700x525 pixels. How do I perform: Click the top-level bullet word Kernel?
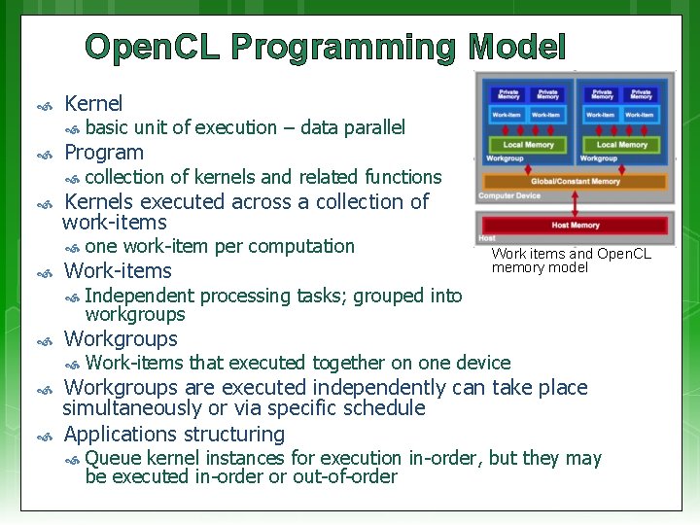coord(93,103)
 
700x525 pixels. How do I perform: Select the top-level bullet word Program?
coord(103,153)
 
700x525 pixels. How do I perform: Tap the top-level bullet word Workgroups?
coord(121,339)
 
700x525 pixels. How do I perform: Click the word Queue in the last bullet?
coord(113,458)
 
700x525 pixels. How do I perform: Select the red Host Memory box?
coord(576,226)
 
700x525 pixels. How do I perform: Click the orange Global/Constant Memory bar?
coord(576,181)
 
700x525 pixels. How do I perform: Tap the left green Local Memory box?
coord(528,145)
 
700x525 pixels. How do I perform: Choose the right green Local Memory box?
coord(622,145)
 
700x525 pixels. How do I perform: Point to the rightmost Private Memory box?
coord(642,94)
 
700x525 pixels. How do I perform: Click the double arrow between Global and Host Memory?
coord(576,202)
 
